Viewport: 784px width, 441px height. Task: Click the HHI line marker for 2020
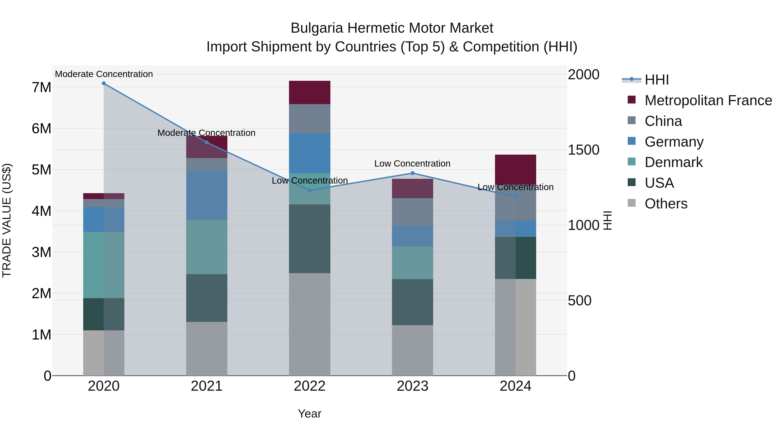(104, 83)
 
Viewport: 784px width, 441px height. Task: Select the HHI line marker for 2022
(309, 190)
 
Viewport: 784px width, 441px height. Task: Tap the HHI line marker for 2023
(412, 173)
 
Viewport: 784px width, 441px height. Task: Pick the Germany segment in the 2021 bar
(207, 195)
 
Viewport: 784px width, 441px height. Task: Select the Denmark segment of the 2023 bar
(412, 263)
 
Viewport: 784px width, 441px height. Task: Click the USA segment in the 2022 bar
(309, 239)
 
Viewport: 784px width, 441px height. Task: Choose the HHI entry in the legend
(656, 80)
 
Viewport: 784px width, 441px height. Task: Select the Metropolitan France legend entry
(708, 100)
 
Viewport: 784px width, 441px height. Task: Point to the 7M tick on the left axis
(41, 87)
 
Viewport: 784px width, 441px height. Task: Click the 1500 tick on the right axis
(583, 150)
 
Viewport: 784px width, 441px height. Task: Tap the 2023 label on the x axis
(412, 386)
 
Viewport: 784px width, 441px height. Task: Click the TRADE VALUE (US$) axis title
(7, 220)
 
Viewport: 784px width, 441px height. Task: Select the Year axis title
(309, 414)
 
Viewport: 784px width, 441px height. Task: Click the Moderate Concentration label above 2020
(104, 74)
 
